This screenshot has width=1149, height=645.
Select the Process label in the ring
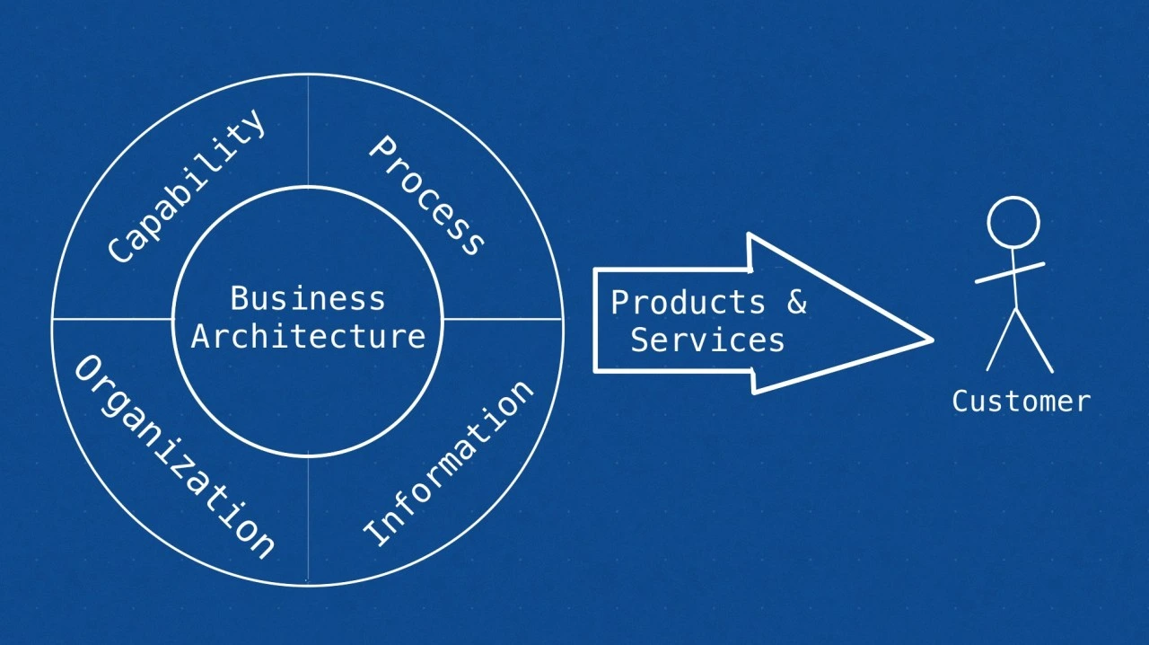click(426, 196)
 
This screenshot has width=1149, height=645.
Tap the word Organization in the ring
click(174, 457)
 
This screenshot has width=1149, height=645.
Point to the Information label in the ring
click(448, 464)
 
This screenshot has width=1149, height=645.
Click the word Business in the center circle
click(308, 298)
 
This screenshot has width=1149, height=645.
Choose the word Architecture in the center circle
click(308, 337)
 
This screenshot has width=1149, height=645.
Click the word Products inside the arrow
click(688, 302)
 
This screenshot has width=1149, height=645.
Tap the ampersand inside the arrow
click(796, 302)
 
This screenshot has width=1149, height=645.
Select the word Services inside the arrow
click(708, 340)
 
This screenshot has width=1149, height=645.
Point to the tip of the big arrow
click(933, 340)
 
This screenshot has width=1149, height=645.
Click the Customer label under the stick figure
click(1022, 401)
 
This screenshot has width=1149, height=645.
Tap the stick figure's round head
click(1013, 223)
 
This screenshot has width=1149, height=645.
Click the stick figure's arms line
click(1010, 273)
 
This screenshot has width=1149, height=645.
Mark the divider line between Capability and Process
click(308, 130)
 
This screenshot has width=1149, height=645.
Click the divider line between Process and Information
click(503, 320)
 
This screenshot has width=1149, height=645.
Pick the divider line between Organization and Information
click(308, 518)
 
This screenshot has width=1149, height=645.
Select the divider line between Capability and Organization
click(113, 319)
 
